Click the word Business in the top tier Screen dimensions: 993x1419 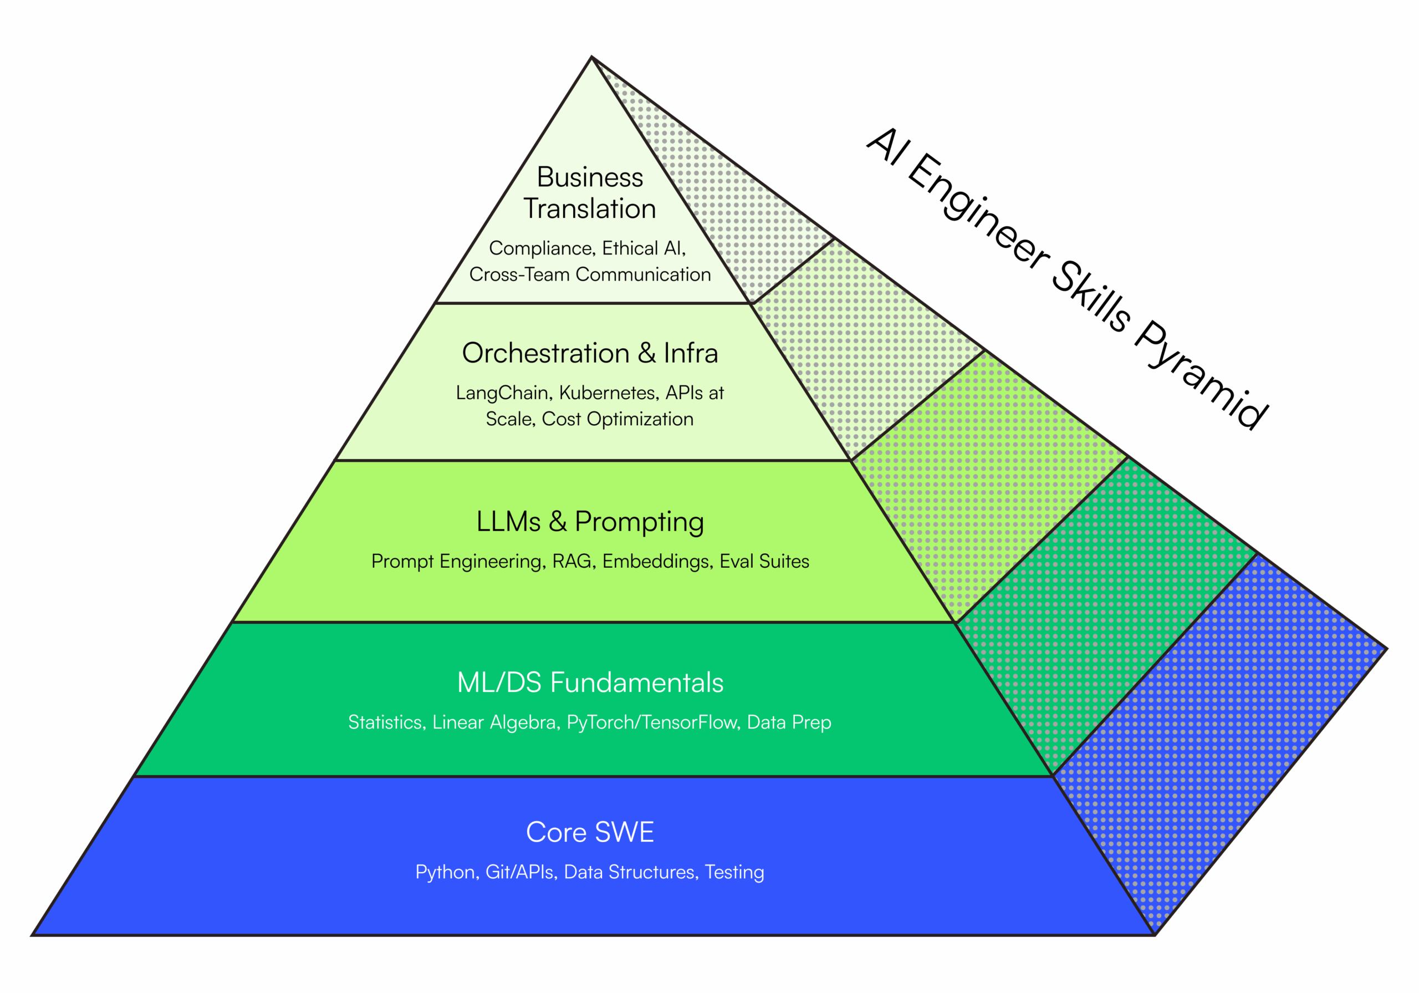pyautogui.click(x=590, y=177)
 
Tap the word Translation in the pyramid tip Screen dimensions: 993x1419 pyautogui.click(x=590, y=209)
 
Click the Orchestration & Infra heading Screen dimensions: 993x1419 pyautogui.click(x=590, y=353)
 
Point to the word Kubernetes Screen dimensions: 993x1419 pyautogui.click(x=609, y=393)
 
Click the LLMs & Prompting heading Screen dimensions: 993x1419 pyautogui.click(x=590, y=522)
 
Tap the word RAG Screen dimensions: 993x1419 pyautogui.click(x=571, y=562)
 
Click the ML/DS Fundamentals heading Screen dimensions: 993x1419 pyautogui.click(x=590, y=683)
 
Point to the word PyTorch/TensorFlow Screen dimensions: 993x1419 pyautogui.click(x=652, y=722)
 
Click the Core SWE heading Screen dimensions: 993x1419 pyautogui.click(x=590, y=832)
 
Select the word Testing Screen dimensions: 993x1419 pyautogui.click(x=734, y=873)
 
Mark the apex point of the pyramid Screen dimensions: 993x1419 pyautogui.click(x=591, y=58)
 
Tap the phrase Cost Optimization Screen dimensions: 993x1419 pyautogui.click(x=617, y=419)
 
